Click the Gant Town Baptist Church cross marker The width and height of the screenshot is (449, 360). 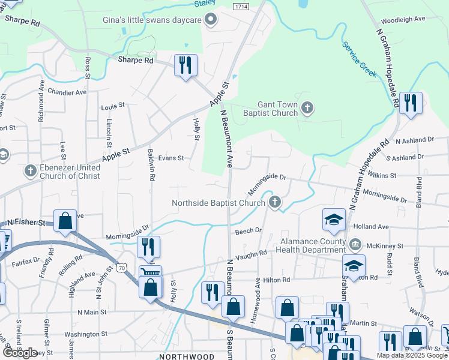[x=307, y=109]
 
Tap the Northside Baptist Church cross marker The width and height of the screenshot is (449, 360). [x=275, y=202]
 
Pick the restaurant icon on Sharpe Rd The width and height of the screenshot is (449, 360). [x=185, y=64]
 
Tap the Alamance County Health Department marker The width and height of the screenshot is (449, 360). [x=355, y=244]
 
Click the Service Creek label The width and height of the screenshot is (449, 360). [x=359, y=59]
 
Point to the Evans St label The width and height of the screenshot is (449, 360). [x=170, y=158]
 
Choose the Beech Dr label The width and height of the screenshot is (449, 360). [x=249, y=230]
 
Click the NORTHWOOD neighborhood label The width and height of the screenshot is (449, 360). [x=186, y=356]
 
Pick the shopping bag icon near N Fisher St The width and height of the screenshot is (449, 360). [x=65, y=221]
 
